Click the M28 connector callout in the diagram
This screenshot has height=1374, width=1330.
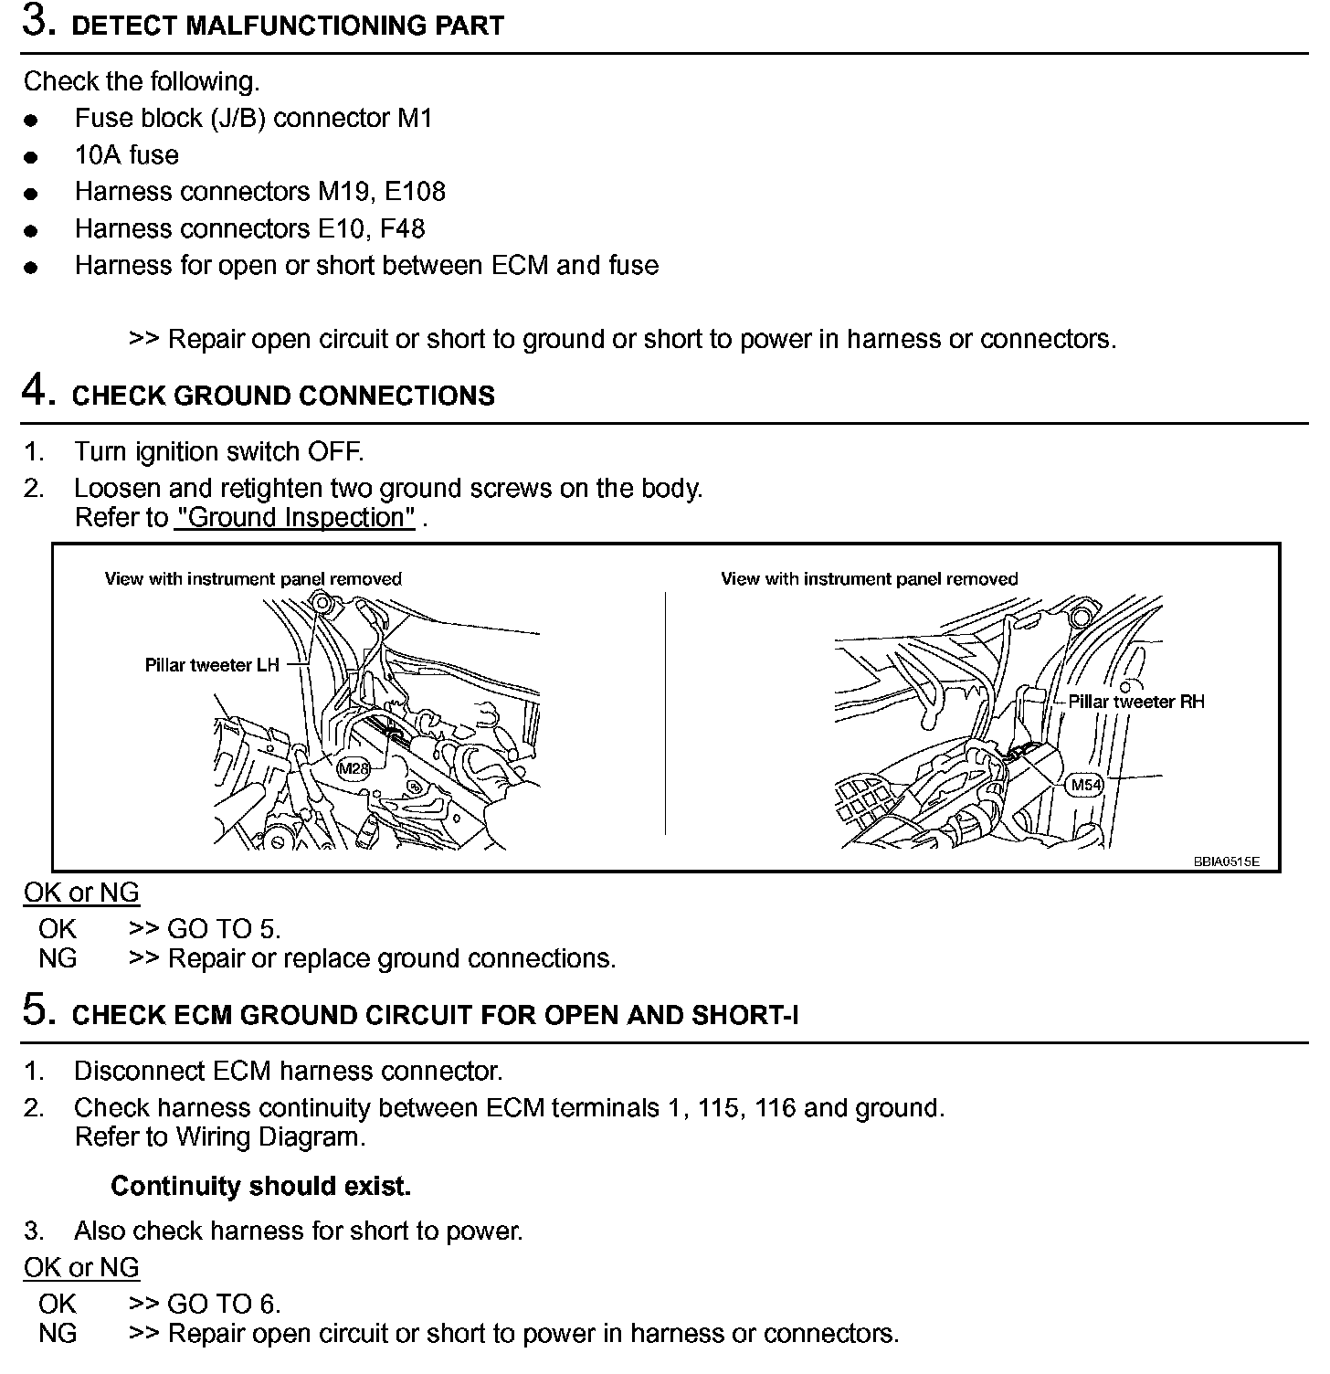point(354,767)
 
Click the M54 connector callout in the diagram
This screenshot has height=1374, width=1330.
point(1086,784)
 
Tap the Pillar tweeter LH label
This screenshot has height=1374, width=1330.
point(212,665)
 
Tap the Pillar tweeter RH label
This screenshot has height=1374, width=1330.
point(1136,702)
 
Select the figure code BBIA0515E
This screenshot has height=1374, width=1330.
point(1226,861)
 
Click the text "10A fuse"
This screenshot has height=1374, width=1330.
point(126,155)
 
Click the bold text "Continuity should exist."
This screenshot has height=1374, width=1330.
point(260,1186)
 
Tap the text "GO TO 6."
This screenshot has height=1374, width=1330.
point(224,1304)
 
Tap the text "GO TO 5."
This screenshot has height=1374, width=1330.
point(224,929)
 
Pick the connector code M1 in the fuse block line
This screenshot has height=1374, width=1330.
point(414,118)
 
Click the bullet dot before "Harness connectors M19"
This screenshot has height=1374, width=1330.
point(32,194)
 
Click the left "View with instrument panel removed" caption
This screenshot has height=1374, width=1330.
point(253,578)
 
